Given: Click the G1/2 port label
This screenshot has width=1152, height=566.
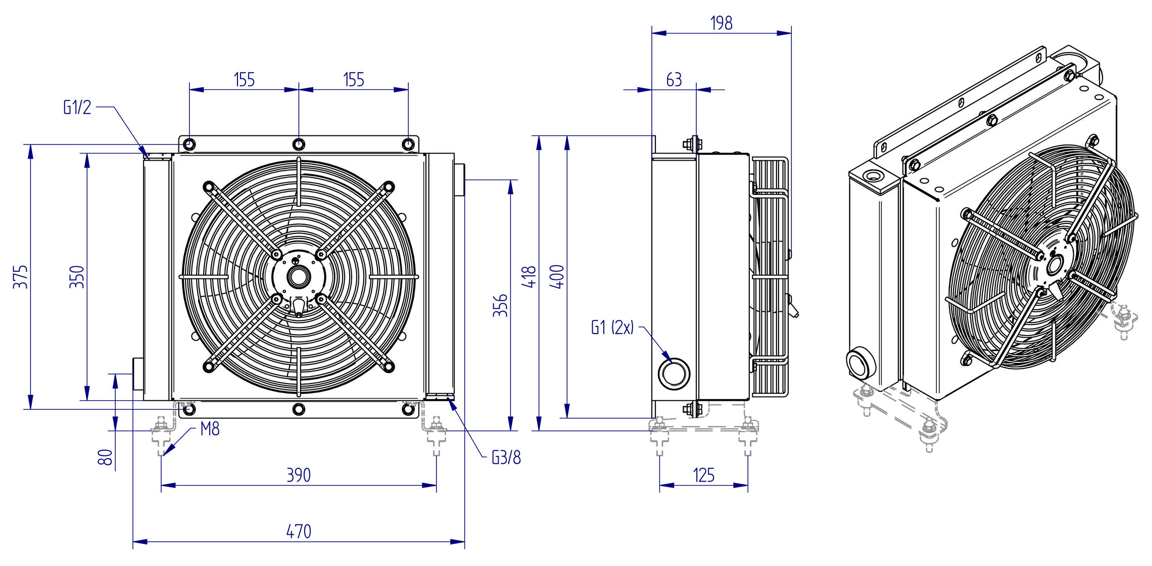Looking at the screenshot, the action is point(77,107).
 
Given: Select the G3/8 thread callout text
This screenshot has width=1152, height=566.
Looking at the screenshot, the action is point(506,457).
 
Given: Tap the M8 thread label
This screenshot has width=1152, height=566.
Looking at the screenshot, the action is point(210,429).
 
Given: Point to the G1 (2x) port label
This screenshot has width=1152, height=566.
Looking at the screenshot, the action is point(612,327).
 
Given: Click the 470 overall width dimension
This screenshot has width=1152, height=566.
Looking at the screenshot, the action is point(299,531).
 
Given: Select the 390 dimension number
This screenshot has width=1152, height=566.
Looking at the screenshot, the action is point(299,475).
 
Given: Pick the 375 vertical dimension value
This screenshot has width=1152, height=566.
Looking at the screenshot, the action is point(21,277).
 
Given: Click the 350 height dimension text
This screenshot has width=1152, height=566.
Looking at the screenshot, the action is point(77,277).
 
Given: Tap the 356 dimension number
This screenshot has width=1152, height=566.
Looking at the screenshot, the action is point(500,305).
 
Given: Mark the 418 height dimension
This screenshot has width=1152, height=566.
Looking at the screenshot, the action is point(529,277).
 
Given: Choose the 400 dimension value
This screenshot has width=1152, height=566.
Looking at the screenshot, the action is point(556,277).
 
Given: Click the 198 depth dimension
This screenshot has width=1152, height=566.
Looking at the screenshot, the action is point(721,23).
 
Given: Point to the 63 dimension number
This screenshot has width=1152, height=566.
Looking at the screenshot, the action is point(674,79).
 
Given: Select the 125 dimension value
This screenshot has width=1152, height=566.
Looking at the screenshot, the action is point(703,475).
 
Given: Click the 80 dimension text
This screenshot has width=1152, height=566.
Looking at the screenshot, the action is point(105,457).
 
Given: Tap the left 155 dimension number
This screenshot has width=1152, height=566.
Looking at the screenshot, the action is point(244,79).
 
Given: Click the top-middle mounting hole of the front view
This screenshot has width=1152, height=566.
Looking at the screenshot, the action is point(299,145).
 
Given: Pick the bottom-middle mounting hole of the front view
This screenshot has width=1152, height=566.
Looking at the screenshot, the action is point(299,409).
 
